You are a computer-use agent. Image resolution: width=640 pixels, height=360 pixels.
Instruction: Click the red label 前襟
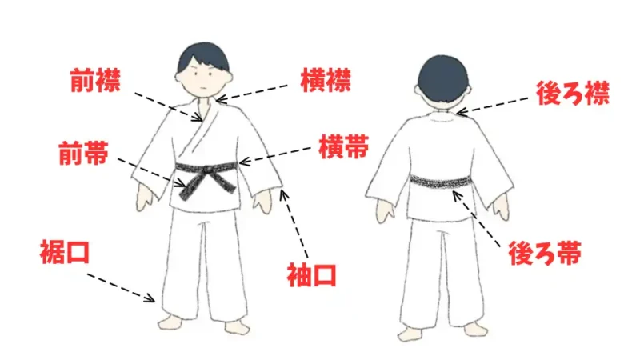96,81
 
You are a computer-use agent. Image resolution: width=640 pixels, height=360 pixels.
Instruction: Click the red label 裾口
64,253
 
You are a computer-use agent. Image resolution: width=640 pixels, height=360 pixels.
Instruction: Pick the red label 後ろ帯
544,254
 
